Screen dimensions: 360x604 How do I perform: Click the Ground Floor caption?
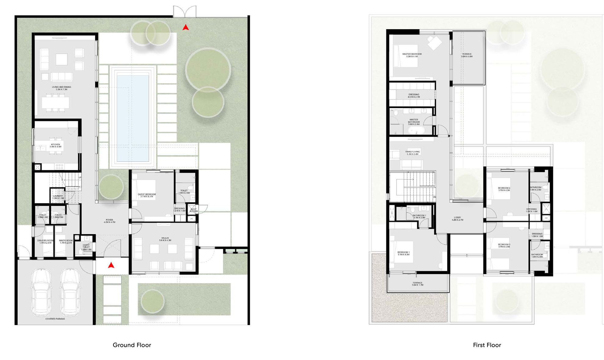coord(132,345)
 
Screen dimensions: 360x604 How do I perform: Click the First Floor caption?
coord(487,345)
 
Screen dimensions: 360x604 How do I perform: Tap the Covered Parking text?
coord(55,319)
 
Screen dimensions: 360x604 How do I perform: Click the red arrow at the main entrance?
coord(111,265)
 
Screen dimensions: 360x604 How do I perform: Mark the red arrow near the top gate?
coord(185,28)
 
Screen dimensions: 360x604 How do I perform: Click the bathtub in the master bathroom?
coord(416,131)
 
